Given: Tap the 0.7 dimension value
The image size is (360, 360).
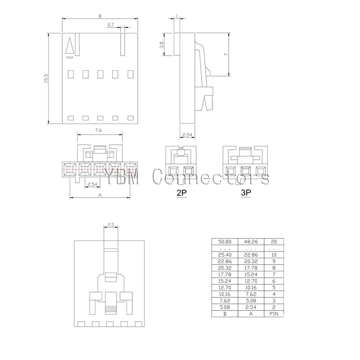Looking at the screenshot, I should [x=111, y=25].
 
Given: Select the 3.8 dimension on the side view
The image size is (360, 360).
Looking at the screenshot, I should [x=167, y=45].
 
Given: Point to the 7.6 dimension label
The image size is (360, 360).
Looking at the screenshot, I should [x=99, y=130].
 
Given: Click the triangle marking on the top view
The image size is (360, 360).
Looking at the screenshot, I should [x=69, y=46].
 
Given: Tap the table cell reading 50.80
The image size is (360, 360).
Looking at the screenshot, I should [x=224, y=242].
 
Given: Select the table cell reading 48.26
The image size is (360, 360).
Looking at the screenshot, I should [x=251, y=242].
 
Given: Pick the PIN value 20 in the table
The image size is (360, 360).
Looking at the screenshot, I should [x=273, y=242].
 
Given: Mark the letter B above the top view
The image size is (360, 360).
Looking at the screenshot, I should [x=99, y=16].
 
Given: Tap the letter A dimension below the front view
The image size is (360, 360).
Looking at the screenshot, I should [x=99, y=195].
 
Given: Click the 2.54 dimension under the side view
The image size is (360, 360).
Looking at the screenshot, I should [x=188, y=134].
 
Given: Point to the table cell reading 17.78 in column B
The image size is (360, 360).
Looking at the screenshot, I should [x=224, y=274].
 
